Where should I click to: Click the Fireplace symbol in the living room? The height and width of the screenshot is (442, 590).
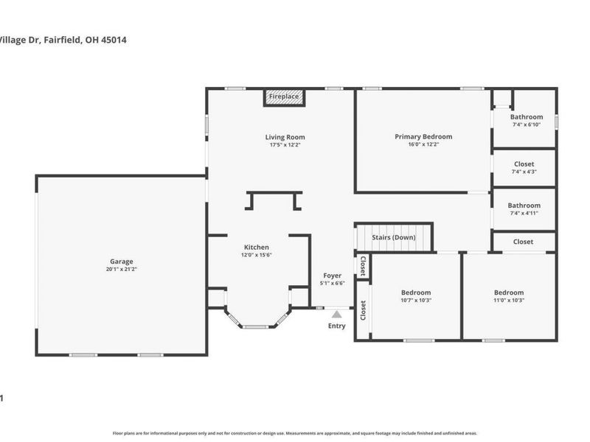point(283,97)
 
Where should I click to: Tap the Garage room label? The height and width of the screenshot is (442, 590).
point(122,262)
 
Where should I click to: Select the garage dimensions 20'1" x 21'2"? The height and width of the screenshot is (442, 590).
point(122,270)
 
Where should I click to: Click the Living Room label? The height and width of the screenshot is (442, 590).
point(285,137)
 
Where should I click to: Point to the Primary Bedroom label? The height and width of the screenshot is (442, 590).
point(423,136)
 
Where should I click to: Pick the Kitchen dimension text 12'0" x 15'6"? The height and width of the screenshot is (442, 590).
point(257,255)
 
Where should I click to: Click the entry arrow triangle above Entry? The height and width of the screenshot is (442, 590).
point(336,315)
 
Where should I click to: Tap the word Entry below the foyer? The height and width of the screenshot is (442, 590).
point(336,326)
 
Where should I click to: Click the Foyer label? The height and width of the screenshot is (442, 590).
point(333,276)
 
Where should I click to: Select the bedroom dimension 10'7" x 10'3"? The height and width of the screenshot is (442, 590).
point(416,301)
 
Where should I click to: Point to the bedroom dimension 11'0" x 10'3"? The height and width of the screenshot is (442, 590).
point(509,301)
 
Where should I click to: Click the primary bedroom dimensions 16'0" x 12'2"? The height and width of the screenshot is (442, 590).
point(423,144)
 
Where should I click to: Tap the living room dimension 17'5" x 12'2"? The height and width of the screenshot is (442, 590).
point(285,145)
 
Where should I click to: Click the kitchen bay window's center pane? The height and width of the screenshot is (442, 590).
point(258,326)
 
